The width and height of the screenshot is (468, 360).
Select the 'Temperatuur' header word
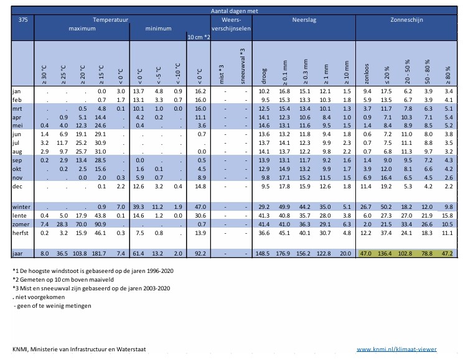(x=111, y=20)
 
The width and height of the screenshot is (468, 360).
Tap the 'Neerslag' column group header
(x=304, y=20)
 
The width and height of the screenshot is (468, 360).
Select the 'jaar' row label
(x=18, y=254)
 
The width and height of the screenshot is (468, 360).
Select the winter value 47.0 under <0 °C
(x=199, y=206)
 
